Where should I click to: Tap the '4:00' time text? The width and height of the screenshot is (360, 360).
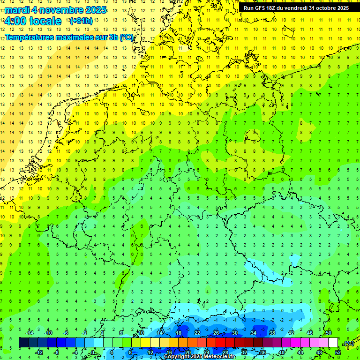(x=15, y=21)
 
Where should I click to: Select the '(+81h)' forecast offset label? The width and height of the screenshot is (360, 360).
(x=81, y=21)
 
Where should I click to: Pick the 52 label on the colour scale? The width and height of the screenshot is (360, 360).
(x=338, y=352)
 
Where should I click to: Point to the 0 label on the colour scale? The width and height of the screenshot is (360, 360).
(x=93, y=352)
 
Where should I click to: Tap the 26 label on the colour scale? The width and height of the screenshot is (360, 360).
(x=216, y=333)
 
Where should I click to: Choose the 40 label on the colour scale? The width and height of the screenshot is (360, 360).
(x=282, y=352)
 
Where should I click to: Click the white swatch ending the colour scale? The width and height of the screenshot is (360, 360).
(x=333, y=343)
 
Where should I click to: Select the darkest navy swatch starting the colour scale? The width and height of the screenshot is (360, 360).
(x=23, y=343)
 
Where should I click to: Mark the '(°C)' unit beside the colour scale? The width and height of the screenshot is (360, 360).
(x=348, y=343)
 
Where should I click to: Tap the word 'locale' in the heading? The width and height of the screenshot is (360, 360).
(x=45, y=21)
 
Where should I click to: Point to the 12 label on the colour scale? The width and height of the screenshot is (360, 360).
(x=150, y=352)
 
